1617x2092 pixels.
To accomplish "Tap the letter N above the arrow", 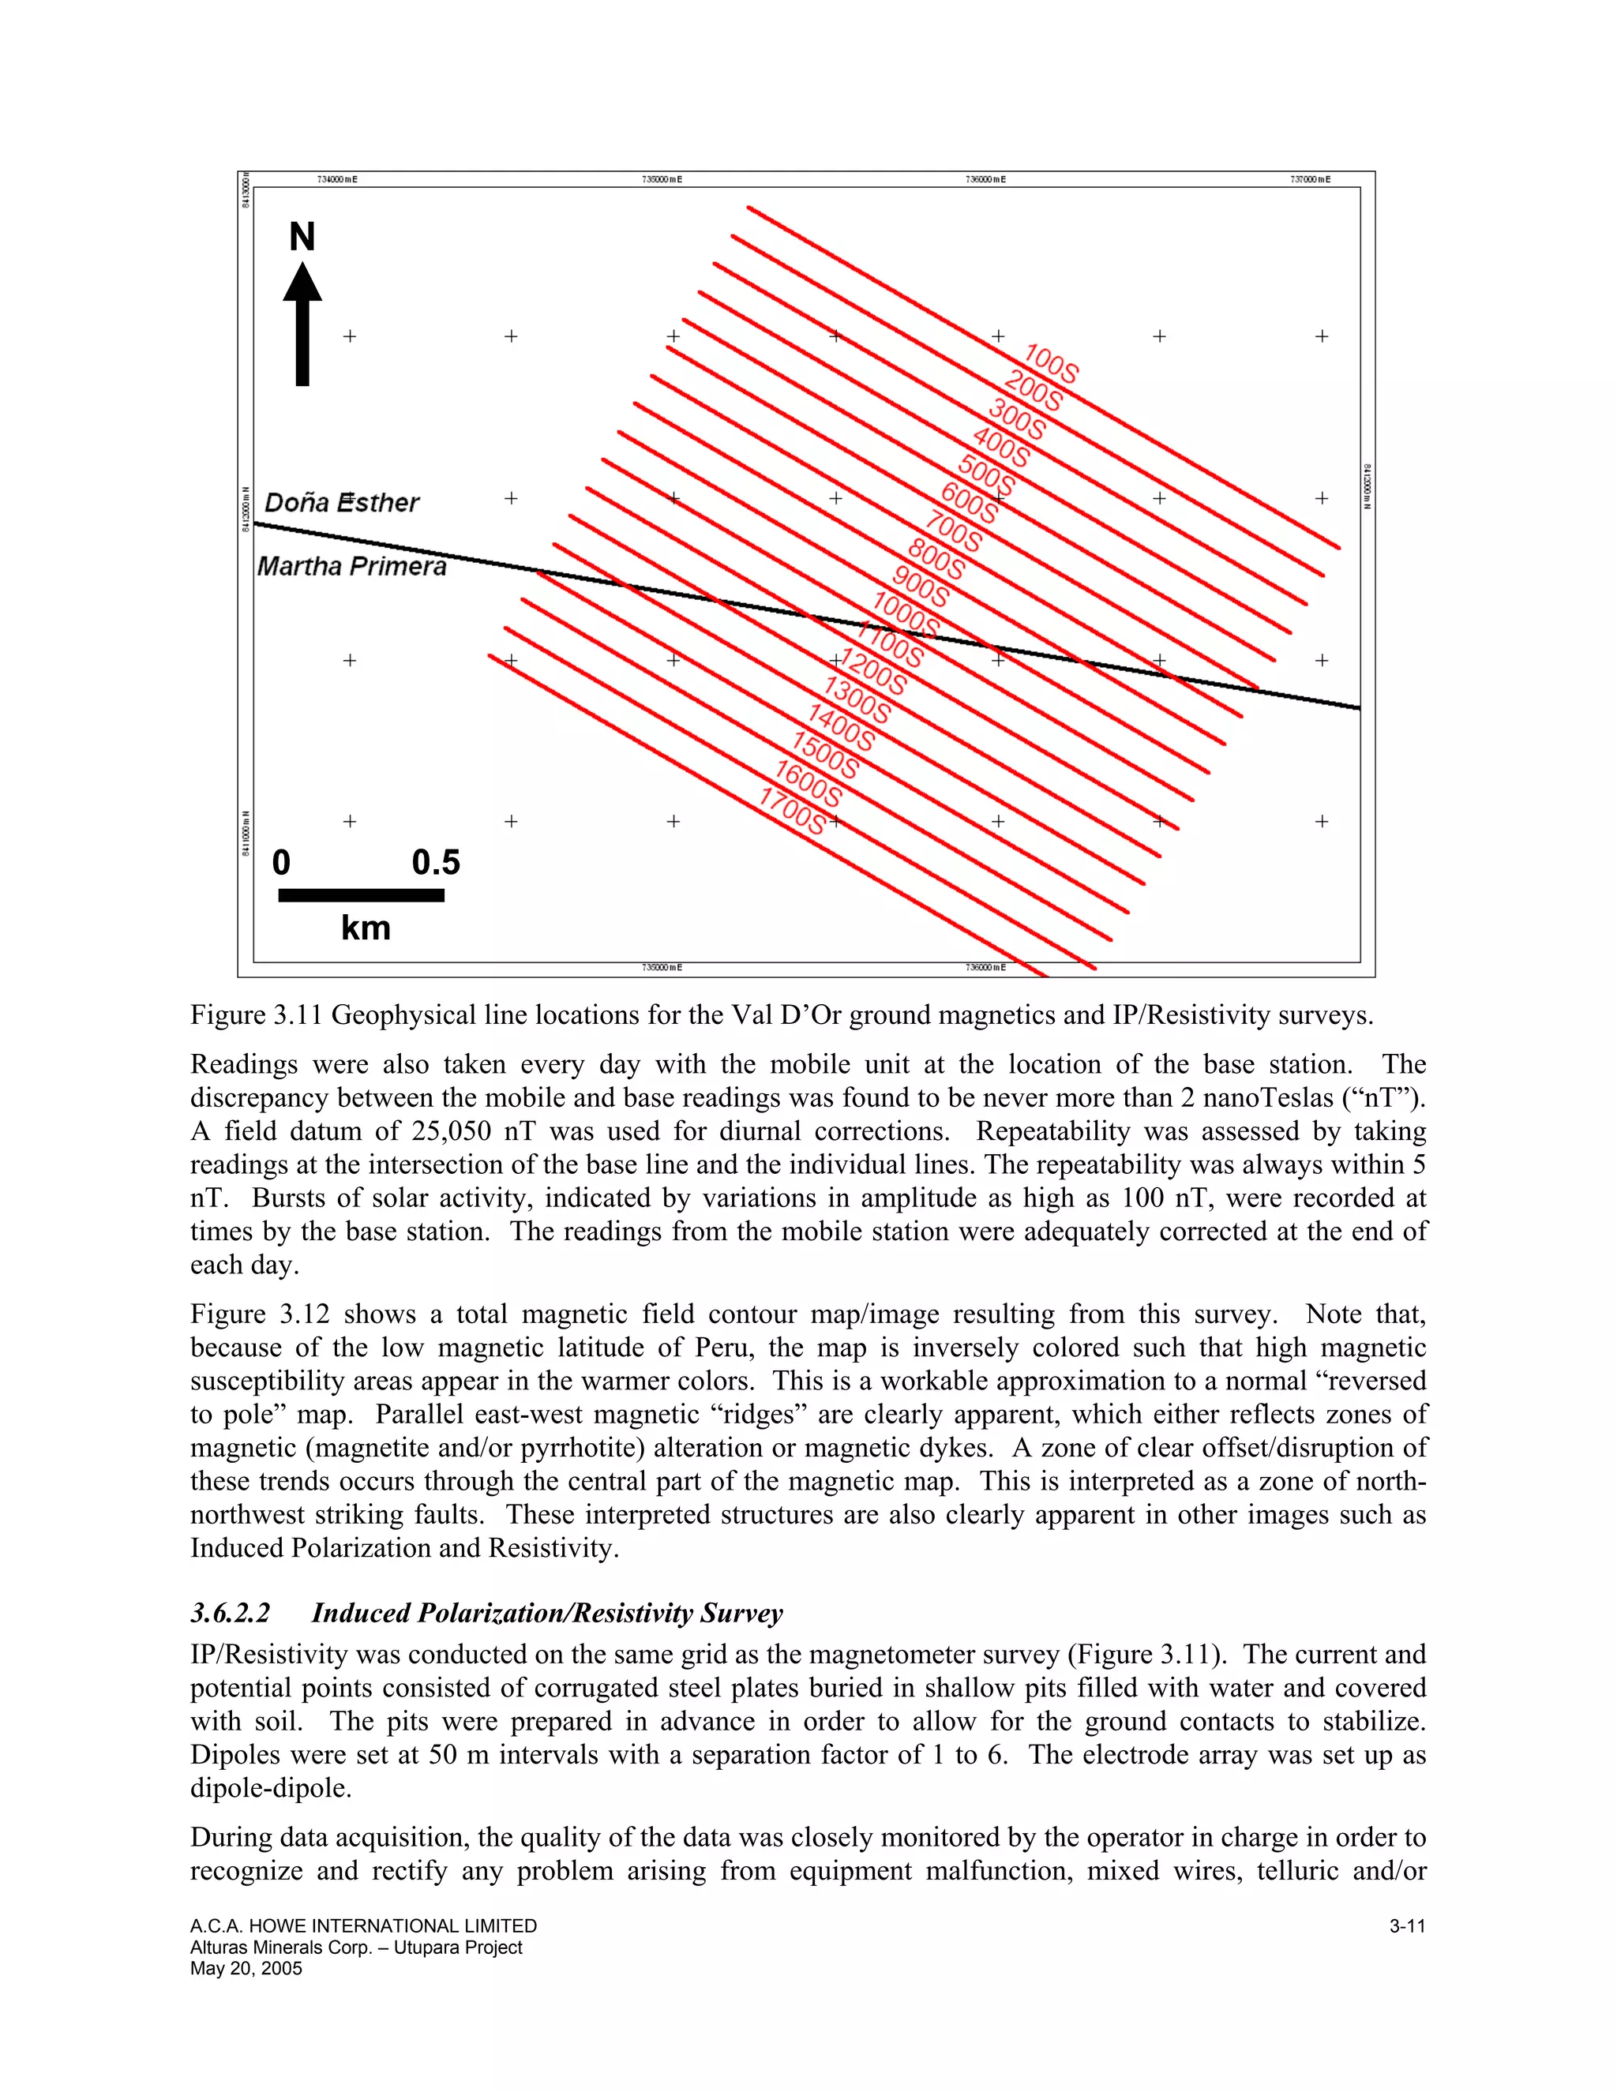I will (302, 238).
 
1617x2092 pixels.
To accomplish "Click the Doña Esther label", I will (341, 503).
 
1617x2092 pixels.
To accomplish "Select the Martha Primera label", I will (351, 566).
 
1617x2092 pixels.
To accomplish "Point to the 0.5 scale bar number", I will (436, 863).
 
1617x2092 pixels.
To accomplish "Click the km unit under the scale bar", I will (365, 928).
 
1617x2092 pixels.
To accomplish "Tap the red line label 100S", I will (1051, 364).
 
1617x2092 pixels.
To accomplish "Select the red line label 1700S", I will (792, 812).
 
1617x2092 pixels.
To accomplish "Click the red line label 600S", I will (970, 503).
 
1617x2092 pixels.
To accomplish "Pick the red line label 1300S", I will (857, 700).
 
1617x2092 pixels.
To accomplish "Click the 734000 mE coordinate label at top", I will (336, 179).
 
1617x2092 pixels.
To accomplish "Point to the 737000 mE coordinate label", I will (1311, 179).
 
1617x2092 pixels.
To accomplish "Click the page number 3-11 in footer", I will (1407, 1926).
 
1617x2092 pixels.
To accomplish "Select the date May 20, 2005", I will (246, 1968).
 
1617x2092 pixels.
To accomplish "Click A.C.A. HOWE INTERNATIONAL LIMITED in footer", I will (363, 1926).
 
